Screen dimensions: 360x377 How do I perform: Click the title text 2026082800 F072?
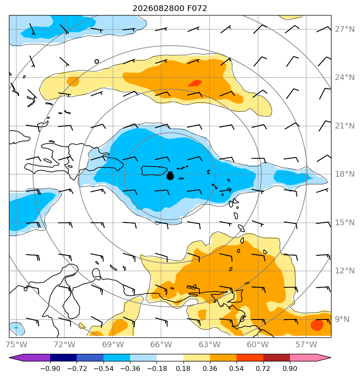click(x=170, y=9)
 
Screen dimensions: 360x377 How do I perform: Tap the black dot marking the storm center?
click(x=170, y=177)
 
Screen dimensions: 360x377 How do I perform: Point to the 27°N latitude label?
click(x=345, y=29)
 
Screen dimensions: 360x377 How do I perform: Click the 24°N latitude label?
click(x=345, y=78)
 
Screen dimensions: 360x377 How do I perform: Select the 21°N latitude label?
click(x=345, y=126)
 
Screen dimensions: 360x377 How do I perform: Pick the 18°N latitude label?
click(x=345, y=174)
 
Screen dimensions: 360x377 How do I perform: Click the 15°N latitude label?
click(x=345, y=223)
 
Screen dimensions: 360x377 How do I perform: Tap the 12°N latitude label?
click(x=345, y=271)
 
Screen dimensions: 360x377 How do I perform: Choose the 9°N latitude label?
click(x=342, y=319)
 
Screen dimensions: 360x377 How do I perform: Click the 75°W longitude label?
click(x=16, y=344)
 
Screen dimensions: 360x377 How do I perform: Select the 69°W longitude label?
click(x=113, y=344)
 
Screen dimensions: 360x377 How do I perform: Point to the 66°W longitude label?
click(x=161, y=344)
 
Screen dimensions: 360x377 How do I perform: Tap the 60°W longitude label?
click(x=258, y=344)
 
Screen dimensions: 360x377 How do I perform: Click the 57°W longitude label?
click(x=306, y=344)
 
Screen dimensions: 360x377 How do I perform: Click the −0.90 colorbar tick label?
click(x=50, y=368)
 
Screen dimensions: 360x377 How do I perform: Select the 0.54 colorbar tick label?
click(x=236, y=368)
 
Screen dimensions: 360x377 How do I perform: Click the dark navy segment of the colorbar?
click(x=64, y=357)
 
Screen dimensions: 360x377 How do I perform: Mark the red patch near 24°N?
click(x=195, y=83)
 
